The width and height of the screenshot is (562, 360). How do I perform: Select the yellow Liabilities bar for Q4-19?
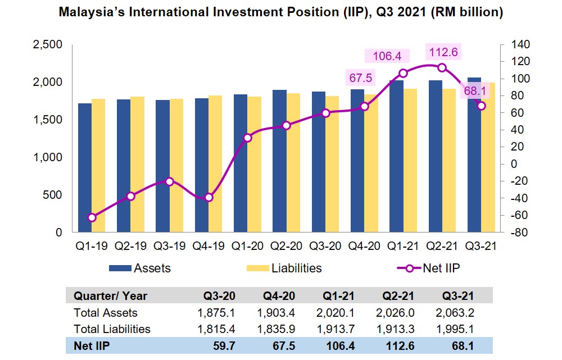point(215,163)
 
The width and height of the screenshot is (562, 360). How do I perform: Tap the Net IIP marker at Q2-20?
point(287,125)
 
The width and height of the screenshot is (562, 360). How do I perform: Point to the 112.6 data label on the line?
point(443,53)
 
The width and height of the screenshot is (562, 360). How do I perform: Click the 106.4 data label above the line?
point(383,56)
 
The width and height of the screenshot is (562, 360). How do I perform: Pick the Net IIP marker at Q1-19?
point(92,217)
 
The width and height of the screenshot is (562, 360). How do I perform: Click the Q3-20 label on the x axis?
point(325,245)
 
